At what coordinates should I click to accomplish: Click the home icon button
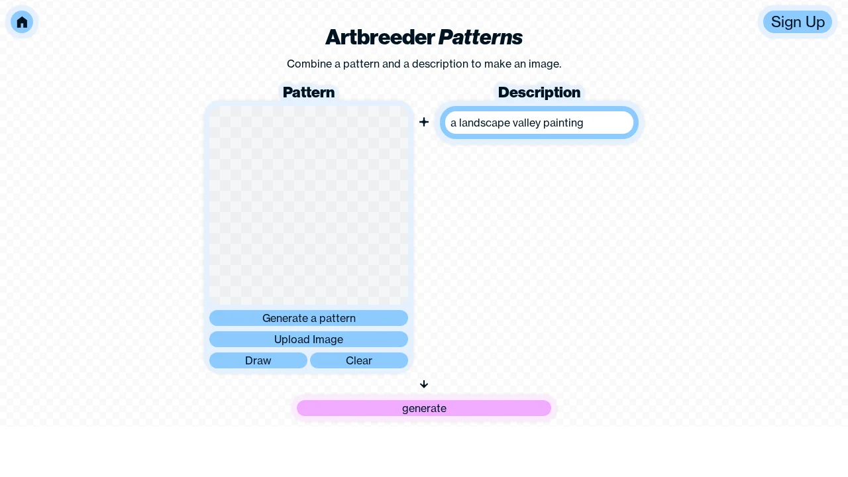pos(22,22)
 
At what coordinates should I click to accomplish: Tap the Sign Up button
pos(798,22)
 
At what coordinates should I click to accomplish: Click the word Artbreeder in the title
pos(380,38)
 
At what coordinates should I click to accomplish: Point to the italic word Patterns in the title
pos(480,38)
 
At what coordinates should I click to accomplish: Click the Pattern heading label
pos(309,93)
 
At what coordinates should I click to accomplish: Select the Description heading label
pos(539,93)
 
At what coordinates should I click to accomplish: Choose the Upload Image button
pos(309,339)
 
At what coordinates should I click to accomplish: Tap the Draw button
pos(258,360)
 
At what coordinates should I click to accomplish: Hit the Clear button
pos(359,360)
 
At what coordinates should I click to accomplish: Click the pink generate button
pos(424,408)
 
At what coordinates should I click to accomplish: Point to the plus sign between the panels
pos(424,122)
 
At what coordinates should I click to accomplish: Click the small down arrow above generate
pos(424,384)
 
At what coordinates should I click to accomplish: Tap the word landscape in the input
pos(482,123)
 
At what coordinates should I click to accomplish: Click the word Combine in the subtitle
pos(308,64)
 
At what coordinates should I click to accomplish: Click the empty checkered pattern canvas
pos(309,205)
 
